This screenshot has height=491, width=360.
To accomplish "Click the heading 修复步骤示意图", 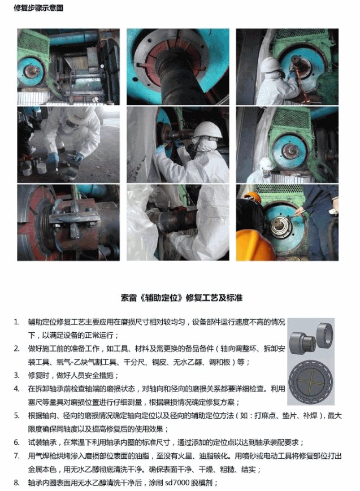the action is [38, 7].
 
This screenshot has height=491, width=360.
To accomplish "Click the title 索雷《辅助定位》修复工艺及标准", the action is [181, 297].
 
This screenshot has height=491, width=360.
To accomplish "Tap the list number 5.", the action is [16, 416].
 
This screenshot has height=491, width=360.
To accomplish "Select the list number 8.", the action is [16, 483].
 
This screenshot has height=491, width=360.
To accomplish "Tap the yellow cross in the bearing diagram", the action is [311, 383].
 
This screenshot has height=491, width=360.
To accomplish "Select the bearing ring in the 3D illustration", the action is [324, 334].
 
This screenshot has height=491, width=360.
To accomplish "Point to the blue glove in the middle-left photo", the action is [53, 158].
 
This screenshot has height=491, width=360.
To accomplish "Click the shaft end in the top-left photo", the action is [32, 71].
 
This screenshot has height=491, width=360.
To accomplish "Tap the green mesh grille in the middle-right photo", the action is [292, 118].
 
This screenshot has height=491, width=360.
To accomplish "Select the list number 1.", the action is [16, 322].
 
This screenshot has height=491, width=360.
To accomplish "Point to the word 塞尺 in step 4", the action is [35, 402].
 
